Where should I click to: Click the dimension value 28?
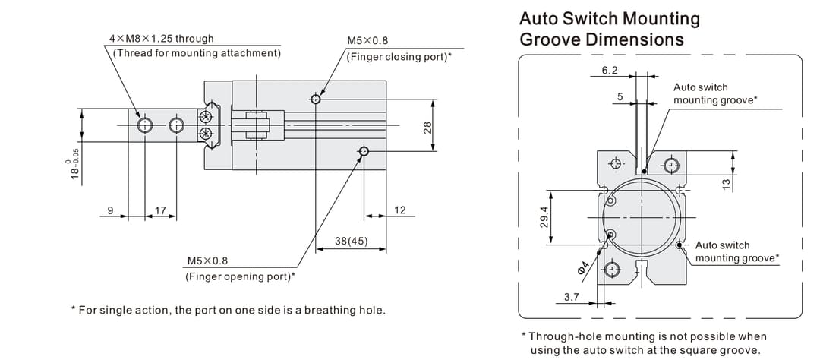(427, 128)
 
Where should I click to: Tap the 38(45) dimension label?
(351, 241)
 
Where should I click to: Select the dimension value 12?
(400, 210)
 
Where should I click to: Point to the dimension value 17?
(160, 210)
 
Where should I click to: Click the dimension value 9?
(111, 210)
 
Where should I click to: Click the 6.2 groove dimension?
(610, 71)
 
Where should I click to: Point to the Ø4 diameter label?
(582, 267)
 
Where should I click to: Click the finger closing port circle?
(317, 99)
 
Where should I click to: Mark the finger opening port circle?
(364, 153)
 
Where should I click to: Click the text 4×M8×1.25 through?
(162, 38)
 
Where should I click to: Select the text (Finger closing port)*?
(394, 57)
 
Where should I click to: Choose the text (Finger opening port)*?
(240, 276)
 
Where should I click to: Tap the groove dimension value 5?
(620, 96)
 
